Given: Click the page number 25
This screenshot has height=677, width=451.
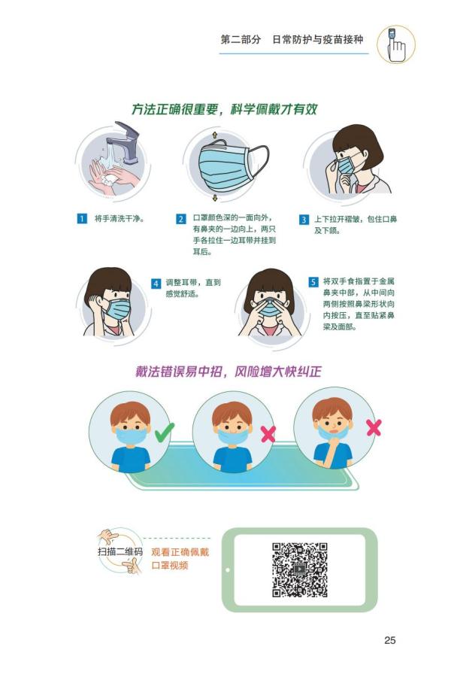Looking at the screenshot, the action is tap(389, 640).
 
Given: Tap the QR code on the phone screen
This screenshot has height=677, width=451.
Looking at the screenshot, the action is tap(299, 569).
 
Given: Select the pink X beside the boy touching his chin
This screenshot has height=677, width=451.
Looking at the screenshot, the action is tap(374, 427).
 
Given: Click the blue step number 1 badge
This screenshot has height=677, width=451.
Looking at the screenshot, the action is tap(82, 218).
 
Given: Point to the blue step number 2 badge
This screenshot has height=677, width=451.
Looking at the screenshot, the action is tap(181, 218).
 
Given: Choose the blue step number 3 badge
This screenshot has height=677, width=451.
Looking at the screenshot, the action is tap(304, 220).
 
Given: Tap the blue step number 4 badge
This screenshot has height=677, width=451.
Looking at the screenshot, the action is tap(156, 284).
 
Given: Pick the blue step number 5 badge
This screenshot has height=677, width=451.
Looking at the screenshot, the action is tap(313, 282).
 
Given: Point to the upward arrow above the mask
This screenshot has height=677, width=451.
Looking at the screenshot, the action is tap(214, 135).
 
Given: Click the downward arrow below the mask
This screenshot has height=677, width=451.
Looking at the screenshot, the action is tap(215, 198).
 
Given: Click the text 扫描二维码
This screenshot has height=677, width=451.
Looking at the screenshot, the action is tap(120, 551).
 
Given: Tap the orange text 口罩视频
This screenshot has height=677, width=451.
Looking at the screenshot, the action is tap(170, 565).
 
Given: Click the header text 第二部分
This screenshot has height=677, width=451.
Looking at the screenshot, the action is tap(241, 40).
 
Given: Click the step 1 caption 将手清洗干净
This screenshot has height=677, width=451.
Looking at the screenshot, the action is tap(119, 218).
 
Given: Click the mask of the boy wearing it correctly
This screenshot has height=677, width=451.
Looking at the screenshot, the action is tap(131, 436).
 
